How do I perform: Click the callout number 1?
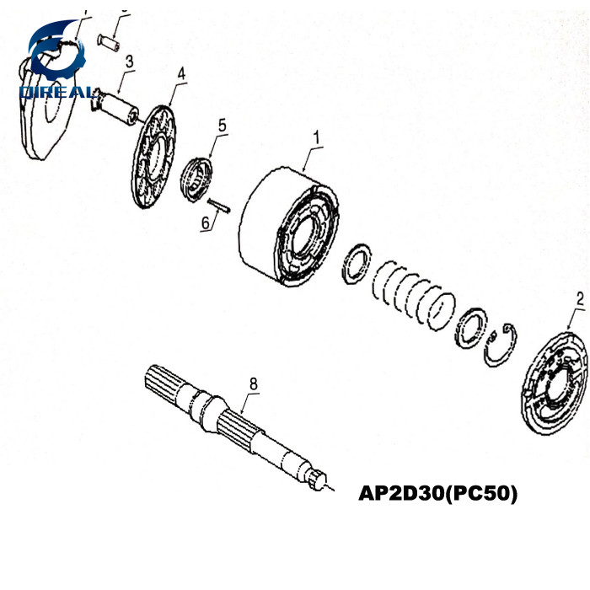click(x=318, y=135)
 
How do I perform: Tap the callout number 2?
click(x=579, y=298)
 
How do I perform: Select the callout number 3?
click(x=129, y=61)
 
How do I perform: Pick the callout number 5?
click(x=223, y=125)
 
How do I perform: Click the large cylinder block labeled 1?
click(x=287, y=228)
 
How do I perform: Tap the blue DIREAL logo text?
click(x=57, y=90)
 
